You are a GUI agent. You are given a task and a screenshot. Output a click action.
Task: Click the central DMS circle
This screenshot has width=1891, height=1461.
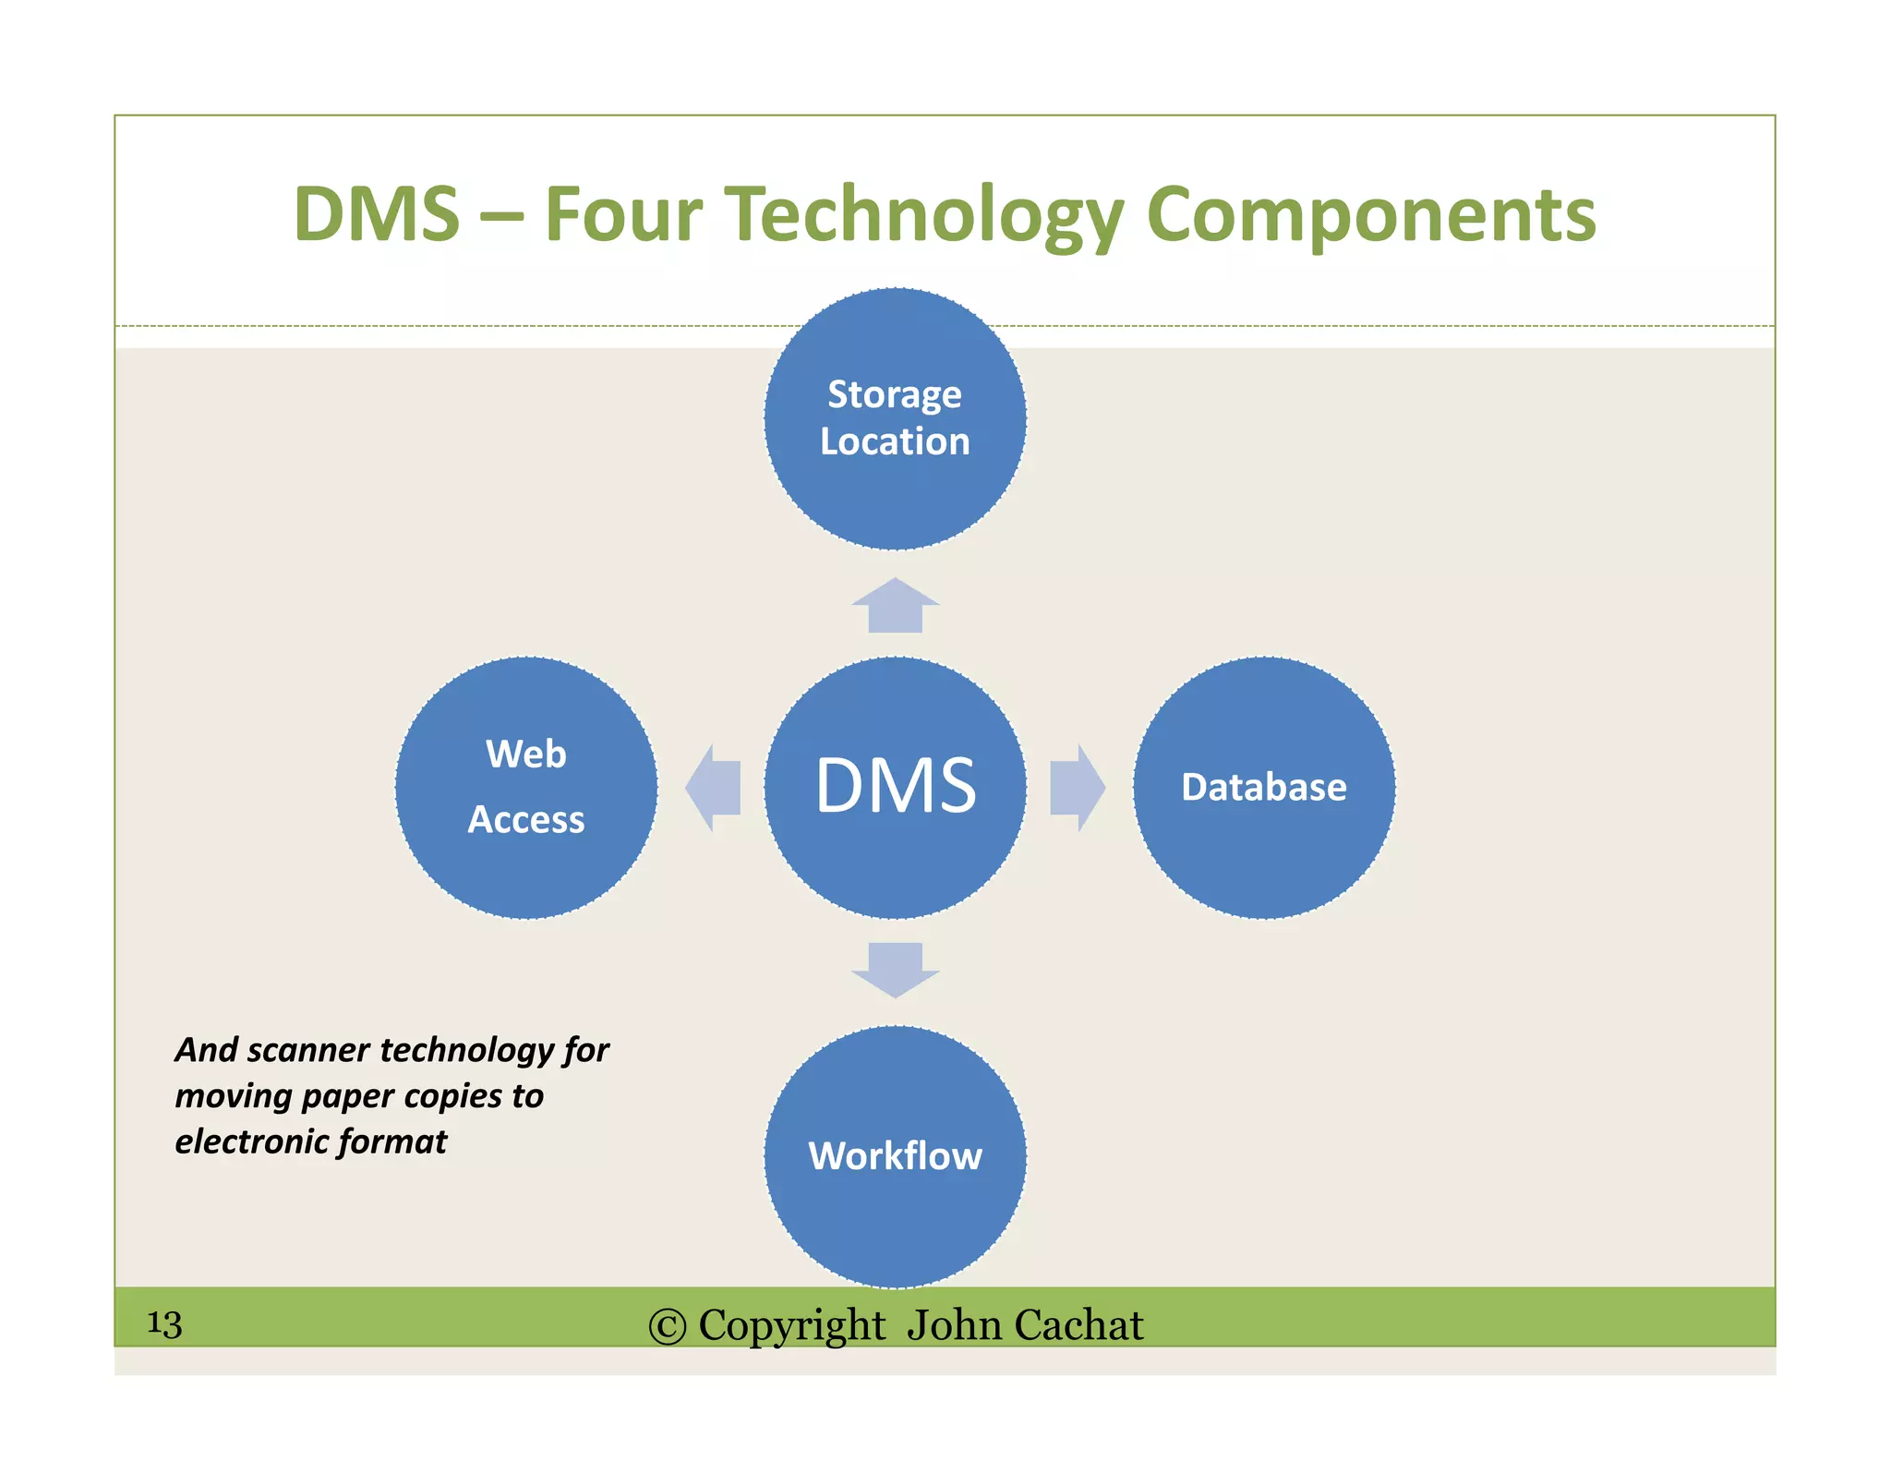[x=895, y=787]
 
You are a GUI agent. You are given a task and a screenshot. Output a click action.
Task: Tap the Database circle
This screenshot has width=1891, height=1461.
[x=1263, y=787]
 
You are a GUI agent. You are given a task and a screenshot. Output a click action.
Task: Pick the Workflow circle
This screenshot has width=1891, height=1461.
[x=895, y=1156]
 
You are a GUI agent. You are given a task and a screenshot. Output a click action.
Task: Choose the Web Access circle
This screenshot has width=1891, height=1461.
[x=526, y=787]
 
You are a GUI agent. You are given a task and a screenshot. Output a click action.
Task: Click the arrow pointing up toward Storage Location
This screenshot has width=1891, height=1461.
[x=895, y=607]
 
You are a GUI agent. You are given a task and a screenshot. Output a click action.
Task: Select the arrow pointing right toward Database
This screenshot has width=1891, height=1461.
[x=1076, y=788]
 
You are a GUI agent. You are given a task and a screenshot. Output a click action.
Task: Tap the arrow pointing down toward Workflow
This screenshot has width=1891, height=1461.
[x=895, y=969]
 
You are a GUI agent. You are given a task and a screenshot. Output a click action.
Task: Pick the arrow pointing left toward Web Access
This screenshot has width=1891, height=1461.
[x=714, y=788]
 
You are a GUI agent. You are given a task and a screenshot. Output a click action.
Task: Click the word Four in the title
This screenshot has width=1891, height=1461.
[x=623, y=214]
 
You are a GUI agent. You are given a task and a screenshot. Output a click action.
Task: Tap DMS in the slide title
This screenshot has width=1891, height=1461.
[x=376, y=214]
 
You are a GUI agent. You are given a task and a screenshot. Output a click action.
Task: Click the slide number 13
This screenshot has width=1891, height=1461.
[x=164, y=1324]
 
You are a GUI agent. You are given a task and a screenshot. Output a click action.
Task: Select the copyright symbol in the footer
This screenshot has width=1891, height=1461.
[x=667, y=1326]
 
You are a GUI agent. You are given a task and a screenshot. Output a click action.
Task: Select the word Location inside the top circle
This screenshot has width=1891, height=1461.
[x=895, y=441]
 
